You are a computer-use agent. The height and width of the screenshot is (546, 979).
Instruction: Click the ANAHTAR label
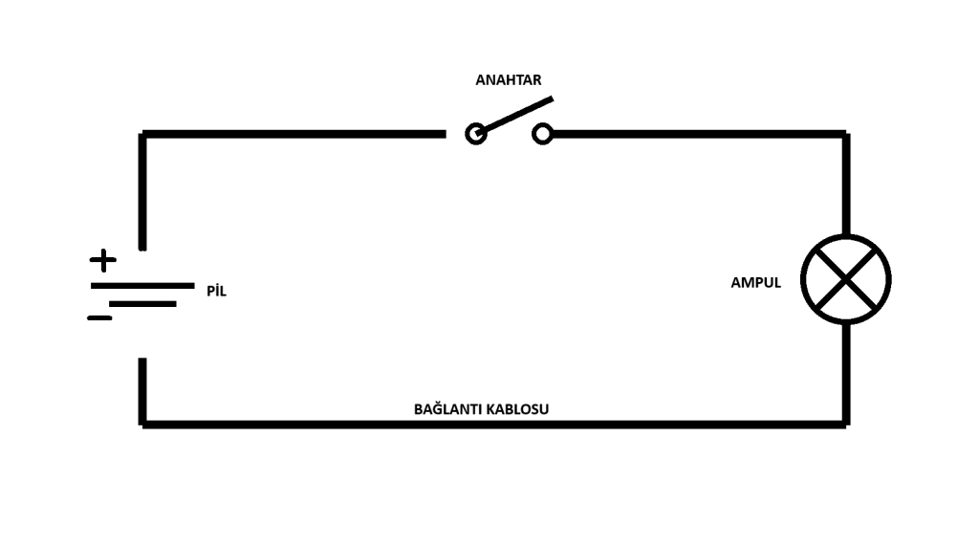tap(509, 80)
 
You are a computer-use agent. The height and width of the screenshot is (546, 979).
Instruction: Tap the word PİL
tap(217, 291)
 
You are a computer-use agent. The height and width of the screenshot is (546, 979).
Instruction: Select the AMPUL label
tap(755, 282)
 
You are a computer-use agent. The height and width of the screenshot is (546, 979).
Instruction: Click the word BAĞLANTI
tap(447, 408)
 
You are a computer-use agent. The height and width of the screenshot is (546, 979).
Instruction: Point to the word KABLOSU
tap(517, 409)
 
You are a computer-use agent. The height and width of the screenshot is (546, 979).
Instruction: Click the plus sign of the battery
tap(103, 260)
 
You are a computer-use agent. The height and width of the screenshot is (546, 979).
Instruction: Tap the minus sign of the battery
tap(99, 318)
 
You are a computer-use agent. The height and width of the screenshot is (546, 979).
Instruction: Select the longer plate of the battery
tap(142, 286)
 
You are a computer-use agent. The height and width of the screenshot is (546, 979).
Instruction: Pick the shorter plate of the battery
tap(143, 304)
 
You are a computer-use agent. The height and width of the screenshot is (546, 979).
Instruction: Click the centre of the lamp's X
tap(846, 279)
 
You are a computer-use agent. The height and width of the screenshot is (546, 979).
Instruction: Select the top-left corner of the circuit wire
tap(142, 134)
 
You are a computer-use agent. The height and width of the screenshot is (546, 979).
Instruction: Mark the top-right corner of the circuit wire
tap(846, 134)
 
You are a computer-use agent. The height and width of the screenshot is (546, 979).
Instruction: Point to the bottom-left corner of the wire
tap(142, 425)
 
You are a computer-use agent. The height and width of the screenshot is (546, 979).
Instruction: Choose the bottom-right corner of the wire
tap(846, 425)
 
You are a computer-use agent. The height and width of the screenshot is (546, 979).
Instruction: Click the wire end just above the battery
tap(142, 249)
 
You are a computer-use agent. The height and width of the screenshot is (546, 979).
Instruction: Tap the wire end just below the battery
tap(142, 360)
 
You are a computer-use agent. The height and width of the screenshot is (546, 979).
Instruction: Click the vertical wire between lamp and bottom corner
tap(846, 374)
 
